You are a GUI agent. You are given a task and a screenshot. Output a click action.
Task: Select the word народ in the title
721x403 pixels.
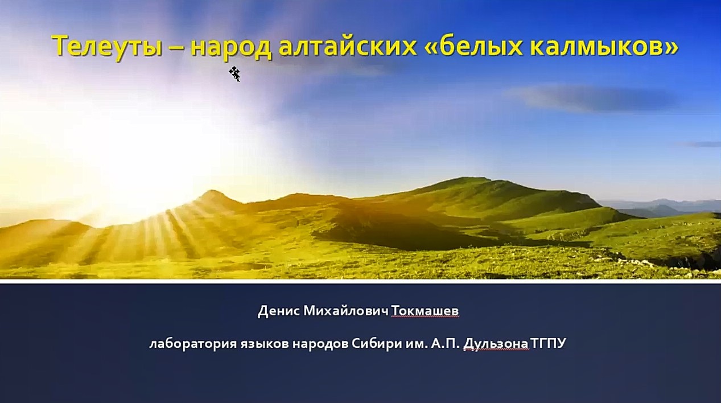(x=231, y=47)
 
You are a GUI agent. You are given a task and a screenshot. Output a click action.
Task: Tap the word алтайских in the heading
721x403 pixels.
(x=348, y=46)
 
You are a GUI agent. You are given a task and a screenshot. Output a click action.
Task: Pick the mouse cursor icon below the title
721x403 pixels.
(x=234, y=74)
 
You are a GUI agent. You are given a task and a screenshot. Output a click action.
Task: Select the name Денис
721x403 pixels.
(x=279, y=311)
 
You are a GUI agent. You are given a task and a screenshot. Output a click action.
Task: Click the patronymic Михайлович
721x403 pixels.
(x=347, y=311)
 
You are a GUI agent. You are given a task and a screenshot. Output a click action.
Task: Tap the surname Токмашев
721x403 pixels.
(x=425, y=311)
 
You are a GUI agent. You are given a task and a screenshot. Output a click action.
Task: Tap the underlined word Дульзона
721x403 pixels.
(x=496, y=344)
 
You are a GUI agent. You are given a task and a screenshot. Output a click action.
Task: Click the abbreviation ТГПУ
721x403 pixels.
(x=548, y=344)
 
